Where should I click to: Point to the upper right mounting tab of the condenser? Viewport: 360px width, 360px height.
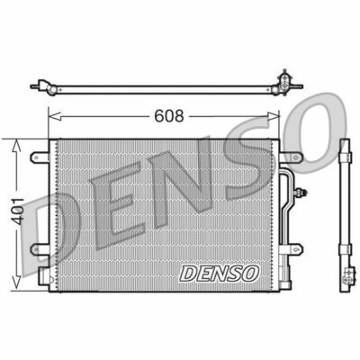click(290, 158)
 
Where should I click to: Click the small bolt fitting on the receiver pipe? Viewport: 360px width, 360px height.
click(307, 191)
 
